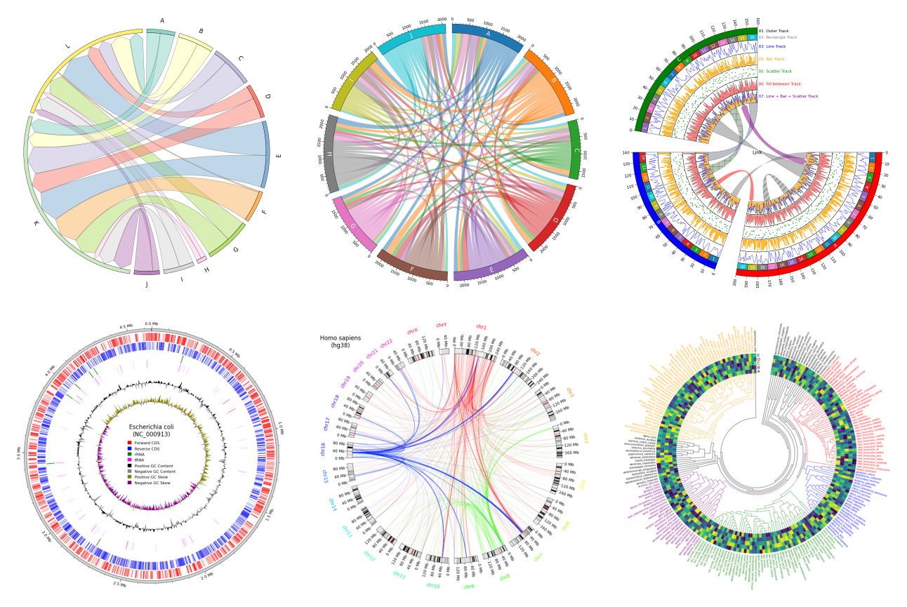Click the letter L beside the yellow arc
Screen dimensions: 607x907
point(67,47)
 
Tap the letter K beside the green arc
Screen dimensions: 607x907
point(35,223)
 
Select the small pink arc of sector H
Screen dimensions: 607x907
point(202,260)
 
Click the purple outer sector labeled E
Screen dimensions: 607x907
point(490,272)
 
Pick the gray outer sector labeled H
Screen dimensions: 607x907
point(329,152)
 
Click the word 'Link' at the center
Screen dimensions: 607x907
point(757,152)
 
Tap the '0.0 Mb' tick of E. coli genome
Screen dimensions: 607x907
point(152,324)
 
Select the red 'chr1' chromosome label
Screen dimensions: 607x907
point(482,326)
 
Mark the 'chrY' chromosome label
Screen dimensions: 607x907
point(441,325)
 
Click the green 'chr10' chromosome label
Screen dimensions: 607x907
point(432,585)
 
